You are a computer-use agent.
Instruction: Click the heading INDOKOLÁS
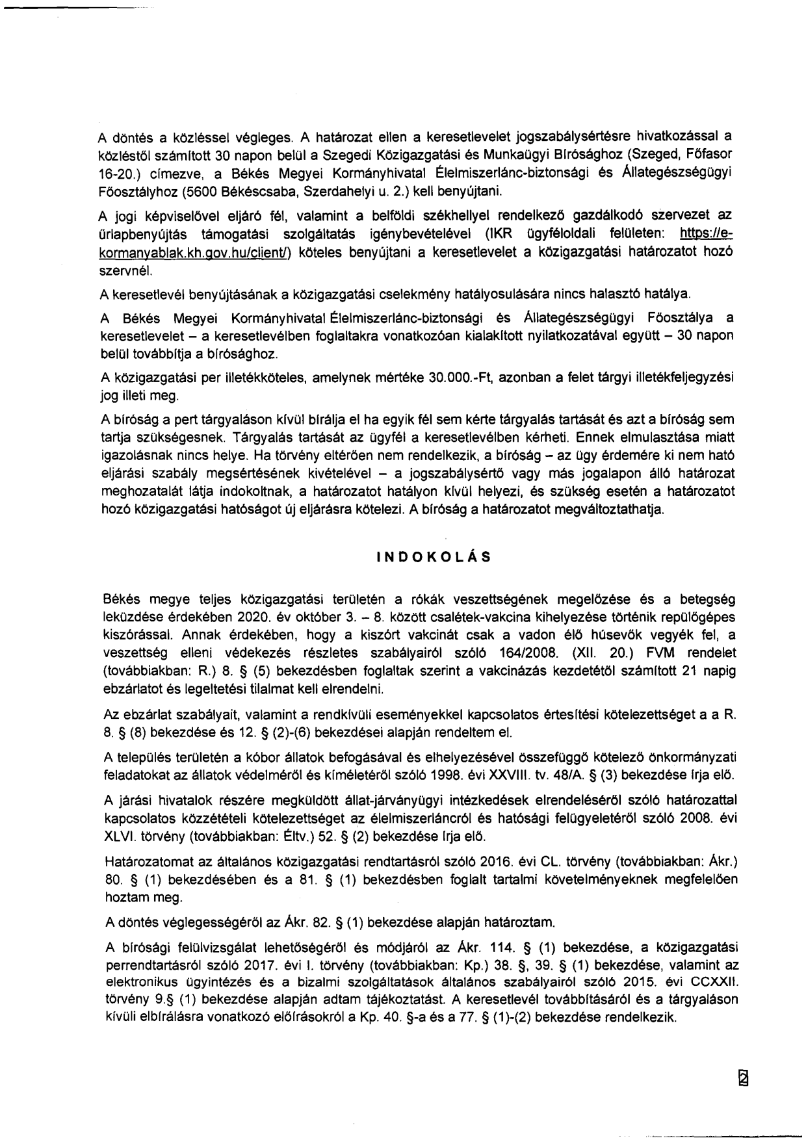click(434, 557)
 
